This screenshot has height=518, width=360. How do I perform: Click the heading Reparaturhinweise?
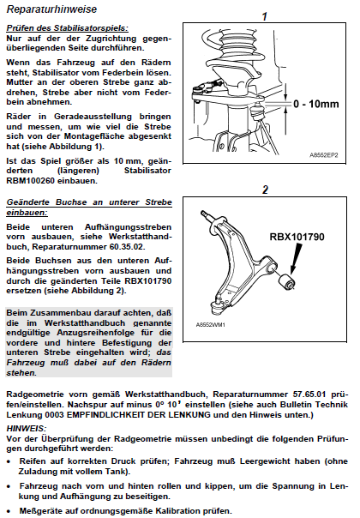click(51, 9)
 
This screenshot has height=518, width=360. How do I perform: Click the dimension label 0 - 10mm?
click(316, 104)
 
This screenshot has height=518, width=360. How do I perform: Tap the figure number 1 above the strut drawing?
click(264, 16)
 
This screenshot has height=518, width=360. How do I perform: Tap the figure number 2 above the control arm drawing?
click(265, 190)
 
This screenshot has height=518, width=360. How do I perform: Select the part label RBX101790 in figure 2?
click(297, 237)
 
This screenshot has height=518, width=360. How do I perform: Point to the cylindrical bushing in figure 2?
click(286, 281)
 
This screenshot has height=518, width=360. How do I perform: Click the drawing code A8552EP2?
click(324, 155)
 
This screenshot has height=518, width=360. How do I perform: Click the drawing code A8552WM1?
click(210, 325)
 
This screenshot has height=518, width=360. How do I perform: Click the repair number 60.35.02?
click(127, 247)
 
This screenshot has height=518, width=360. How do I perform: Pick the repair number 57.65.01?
click(309, 395)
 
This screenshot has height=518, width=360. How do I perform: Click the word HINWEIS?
click(27, 429)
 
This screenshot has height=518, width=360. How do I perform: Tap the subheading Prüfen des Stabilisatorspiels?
click(68, 28)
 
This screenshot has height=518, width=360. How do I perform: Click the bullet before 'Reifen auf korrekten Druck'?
click(9, 461)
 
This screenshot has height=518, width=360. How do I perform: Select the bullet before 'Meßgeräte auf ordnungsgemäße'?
click(9, 512)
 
